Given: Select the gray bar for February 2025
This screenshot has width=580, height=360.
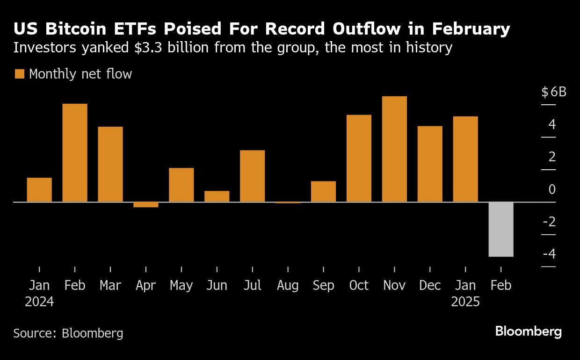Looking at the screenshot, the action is (501, 229).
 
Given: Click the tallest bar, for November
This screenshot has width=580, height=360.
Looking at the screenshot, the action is (394, 149).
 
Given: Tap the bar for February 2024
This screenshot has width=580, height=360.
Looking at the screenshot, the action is (75, 153).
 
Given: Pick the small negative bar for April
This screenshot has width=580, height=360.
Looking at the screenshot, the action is (146, 205).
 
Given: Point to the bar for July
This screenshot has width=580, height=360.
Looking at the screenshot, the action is (253, 176).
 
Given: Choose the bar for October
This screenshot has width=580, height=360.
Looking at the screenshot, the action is (359, 158).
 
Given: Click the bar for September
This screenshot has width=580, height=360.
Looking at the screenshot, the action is (323, 192).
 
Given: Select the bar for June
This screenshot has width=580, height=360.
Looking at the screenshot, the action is (217, 196).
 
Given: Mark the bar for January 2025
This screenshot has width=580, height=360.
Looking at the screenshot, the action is (465, 159).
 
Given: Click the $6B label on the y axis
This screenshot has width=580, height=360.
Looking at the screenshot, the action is (554, 92).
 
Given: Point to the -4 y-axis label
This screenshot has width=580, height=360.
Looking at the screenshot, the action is (549, 253).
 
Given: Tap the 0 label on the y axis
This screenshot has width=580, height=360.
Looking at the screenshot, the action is (552, 189).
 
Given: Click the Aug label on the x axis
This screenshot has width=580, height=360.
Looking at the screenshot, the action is (288, 286).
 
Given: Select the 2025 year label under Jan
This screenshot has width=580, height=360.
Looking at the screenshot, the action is (465, 302).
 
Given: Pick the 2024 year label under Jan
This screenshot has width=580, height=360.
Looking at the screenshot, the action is (39, 302).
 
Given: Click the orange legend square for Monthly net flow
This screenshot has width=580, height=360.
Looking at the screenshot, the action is (20, 74).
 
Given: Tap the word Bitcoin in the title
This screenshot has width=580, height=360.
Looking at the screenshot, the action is (76, 29).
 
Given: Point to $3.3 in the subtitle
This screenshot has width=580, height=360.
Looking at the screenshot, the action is (148, 48).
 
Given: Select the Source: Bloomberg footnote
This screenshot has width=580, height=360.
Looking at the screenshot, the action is (68, 333).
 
